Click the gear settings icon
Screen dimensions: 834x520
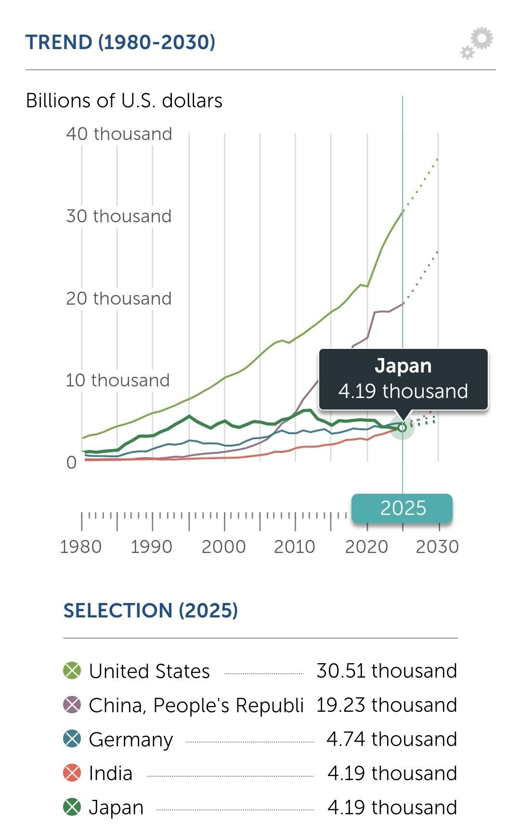pos(478,43)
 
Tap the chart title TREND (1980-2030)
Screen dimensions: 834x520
pos(120,42)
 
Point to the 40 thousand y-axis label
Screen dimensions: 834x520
pos(119,134)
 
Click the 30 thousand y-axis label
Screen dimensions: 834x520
pos(119,216)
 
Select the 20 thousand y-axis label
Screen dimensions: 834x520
pos(119,298)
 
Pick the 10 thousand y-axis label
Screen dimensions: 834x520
pos(118,380)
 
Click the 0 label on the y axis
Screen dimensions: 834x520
pos(71,462)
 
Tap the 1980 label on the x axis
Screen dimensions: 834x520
pos(81,547)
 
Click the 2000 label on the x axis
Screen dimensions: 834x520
pos(223,547)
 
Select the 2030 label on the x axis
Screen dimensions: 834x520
pos(437,547)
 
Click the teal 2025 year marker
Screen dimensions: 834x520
pos(403,508)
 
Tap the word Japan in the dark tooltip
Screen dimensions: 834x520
pos(403,366)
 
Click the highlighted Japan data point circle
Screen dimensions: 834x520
pos(403,427)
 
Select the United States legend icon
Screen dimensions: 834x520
pos(72,671)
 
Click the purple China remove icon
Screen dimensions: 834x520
pos(72,705)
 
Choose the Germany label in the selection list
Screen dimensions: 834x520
pos(130,739)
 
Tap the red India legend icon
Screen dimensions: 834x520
pos(72,773)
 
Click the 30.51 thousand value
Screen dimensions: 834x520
pos(387,671)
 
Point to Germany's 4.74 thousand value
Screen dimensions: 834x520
pos(391,739)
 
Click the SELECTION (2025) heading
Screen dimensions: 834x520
pos(151,611)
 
